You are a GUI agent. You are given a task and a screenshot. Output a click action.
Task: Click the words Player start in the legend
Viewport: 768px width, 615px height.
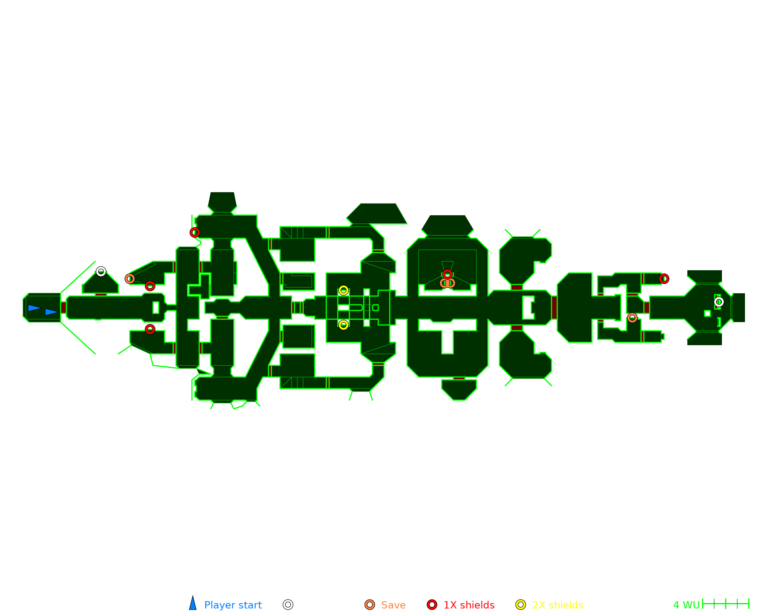click(x=233, y=605)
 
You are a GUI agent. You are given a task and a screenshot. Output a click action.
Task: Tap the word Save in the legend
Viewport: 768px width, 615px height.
click(x=393, y=605)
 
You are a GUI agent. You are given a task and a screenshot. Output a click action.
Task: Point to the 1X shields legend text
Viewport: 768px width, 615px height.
click(x=469, y=605)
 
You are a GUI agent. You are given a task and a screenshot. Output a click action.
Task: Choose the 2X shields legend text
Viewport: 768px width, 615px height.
click(x=558, y=605)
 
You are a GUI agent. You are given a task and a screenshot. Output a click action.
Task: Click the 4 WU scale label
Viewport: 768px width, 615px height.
click(x=686, y=605)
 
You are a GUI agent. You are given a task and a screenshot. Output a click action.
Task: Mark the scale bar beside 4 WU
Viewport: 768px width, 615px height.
click(x=725, y=604)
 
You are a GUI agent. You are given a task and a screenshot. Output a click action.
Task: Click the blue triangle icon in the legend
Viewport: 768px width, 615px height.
click(x=193, y=604)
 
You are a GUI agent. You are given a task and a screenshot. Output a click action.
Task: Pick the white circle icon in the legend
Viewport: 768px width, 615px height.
click(x=288, y=605)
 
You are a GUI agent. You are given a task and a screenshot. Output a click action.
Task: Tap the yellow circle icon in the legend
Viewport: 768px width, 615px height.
click(x=520, y=605)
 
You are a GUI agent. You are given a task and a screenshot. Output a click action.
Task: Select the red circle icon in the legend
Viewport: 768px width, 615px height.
click(x=432, y=605)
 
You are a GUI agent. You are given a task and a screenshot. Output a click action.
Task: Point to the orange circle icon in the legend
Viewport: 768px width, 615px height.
click(x=370, y=605)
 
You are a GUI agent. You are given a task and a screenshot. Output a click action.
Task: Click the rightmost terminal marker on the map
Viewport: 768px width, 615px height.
click(x=719, y=302)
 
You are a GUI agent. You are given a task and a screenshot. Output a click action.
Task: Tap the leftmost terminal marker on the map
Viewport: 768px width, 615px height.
click(x=101, y=272)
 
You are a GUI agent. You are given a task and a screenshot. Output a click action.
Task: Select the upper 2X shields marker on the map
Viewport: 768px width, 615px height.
click(x=344, y=290)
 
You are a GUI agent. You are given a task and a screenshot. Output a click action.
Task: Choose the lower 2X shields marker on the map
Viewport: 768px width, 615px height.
click(x=344, y=325)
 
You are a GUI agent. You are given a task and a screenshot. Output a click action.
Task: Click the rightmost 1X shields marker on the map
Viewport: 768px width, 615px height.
click(x=664, y=279)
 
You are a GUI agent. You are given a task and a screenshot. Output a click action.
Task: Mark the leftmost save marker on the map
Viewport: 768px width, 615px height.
click(x=130, y=279)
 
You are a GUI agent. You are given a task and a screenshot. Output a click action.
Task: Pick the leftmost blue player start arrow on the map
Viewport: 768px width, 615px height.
click(x=34, y=308)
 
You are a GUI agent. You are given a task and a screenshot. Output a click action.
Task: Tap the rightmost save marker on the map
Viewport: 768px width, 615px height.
click(x=632, y=318)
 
